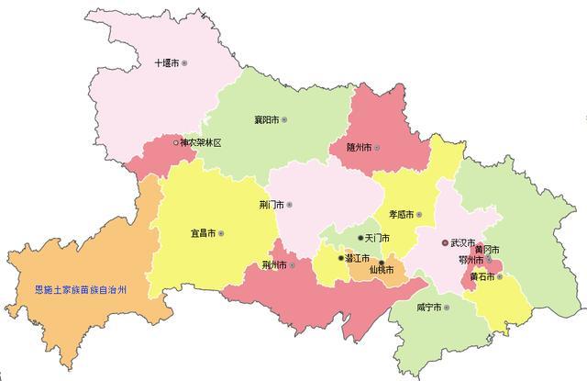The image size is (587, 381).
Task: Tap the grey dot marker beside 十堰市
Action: [184, 63]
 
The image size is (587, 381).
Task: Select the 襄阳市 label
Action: [266, 120]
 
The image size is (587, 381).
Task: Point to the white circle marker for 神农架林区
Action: [175, 143]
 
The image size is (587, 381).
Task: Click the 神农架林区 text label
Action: [201, 143]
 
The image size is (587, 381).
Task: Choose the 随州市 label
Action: [358, 148]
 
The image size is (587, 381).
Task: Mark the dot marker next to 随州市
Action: [376, 148]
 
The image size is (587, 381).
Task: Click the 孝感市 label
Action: [401, 215]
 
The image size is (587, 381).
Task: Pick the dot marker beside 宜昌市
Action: [221, 233]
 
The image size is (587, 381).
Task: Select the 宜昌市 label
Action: [203, 233]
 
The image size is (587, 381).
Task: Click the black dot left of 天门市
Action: [360, 238]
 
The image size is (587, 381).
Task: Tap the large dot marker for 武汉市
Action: [446, 243]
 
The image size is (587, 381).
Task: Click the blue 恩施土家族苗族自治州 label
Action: [73, 289]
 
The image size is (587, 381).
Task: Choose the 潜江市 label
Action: [358, 259]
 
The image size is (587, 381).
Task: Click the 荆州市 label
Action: [273, 265]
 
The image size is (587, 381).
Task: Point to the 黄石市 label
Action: [483, 276]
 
